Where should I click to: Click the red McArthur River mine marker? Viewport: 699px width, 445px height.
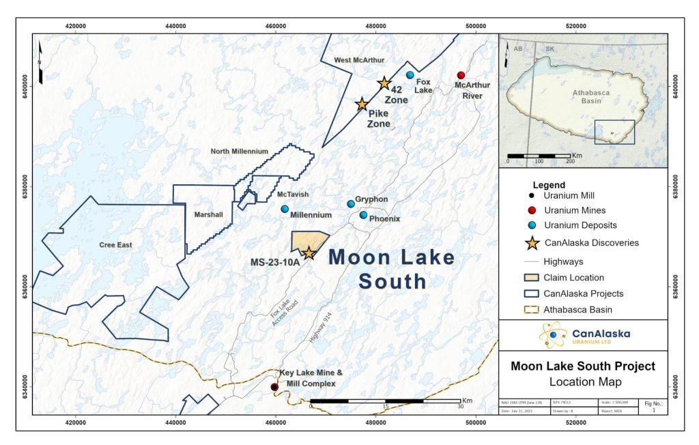461,75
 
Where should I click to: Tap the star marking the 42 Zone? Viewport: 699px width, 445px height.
384,83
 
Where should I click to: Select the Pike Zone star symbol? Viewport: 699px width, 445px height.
362,104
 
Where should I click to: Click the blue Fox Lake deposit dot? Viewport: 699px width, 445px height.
410,75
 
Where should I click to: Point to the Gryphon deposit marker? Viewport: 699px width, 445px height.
351,204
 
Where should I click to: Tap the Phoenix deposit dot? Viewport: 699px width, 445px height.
363,215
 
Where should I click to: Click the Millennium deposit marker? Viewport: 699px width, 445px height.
285,209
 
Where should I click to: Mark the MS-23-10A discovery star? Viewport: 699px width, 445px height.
309,253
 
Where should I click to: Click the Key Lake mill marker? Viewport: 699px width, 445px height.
274,387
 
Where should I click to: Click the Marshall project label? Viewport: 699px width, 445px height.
209,214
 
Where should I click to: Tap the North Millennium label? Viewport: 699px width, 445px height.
239,152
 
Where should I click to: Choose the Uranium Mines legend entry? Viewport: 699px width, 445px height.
574,210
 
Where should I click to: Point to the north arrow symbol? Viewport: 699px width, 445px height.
40,63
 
